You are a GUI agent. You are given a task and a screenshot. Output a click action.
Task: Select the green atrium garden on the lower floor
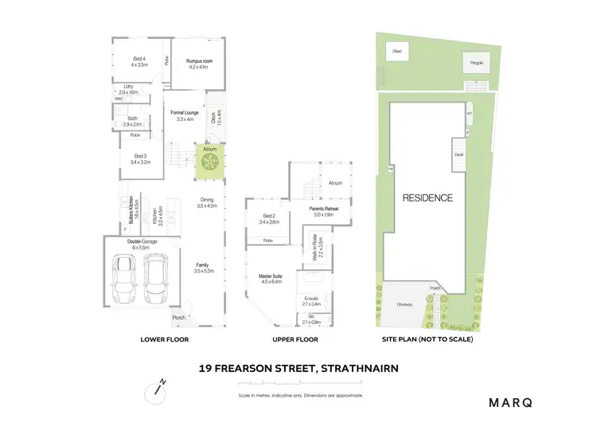[x=210, y=161]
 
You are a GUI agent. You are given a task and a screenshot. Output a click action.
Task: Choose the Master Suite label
[x=271, y=278]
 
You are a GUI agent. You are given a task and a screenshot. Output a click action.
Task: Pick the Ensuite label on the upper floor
[x=310, y=301]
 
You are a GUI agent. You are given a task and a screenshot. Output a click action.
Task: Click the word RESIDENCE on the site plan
[x=427, y=198]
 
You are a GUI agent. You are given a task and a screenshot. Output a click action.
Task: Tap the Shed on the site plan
[x=396, y=52]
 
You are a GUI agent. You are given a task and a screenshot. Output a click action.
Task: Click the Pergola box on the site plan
[x=475, y=61]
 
